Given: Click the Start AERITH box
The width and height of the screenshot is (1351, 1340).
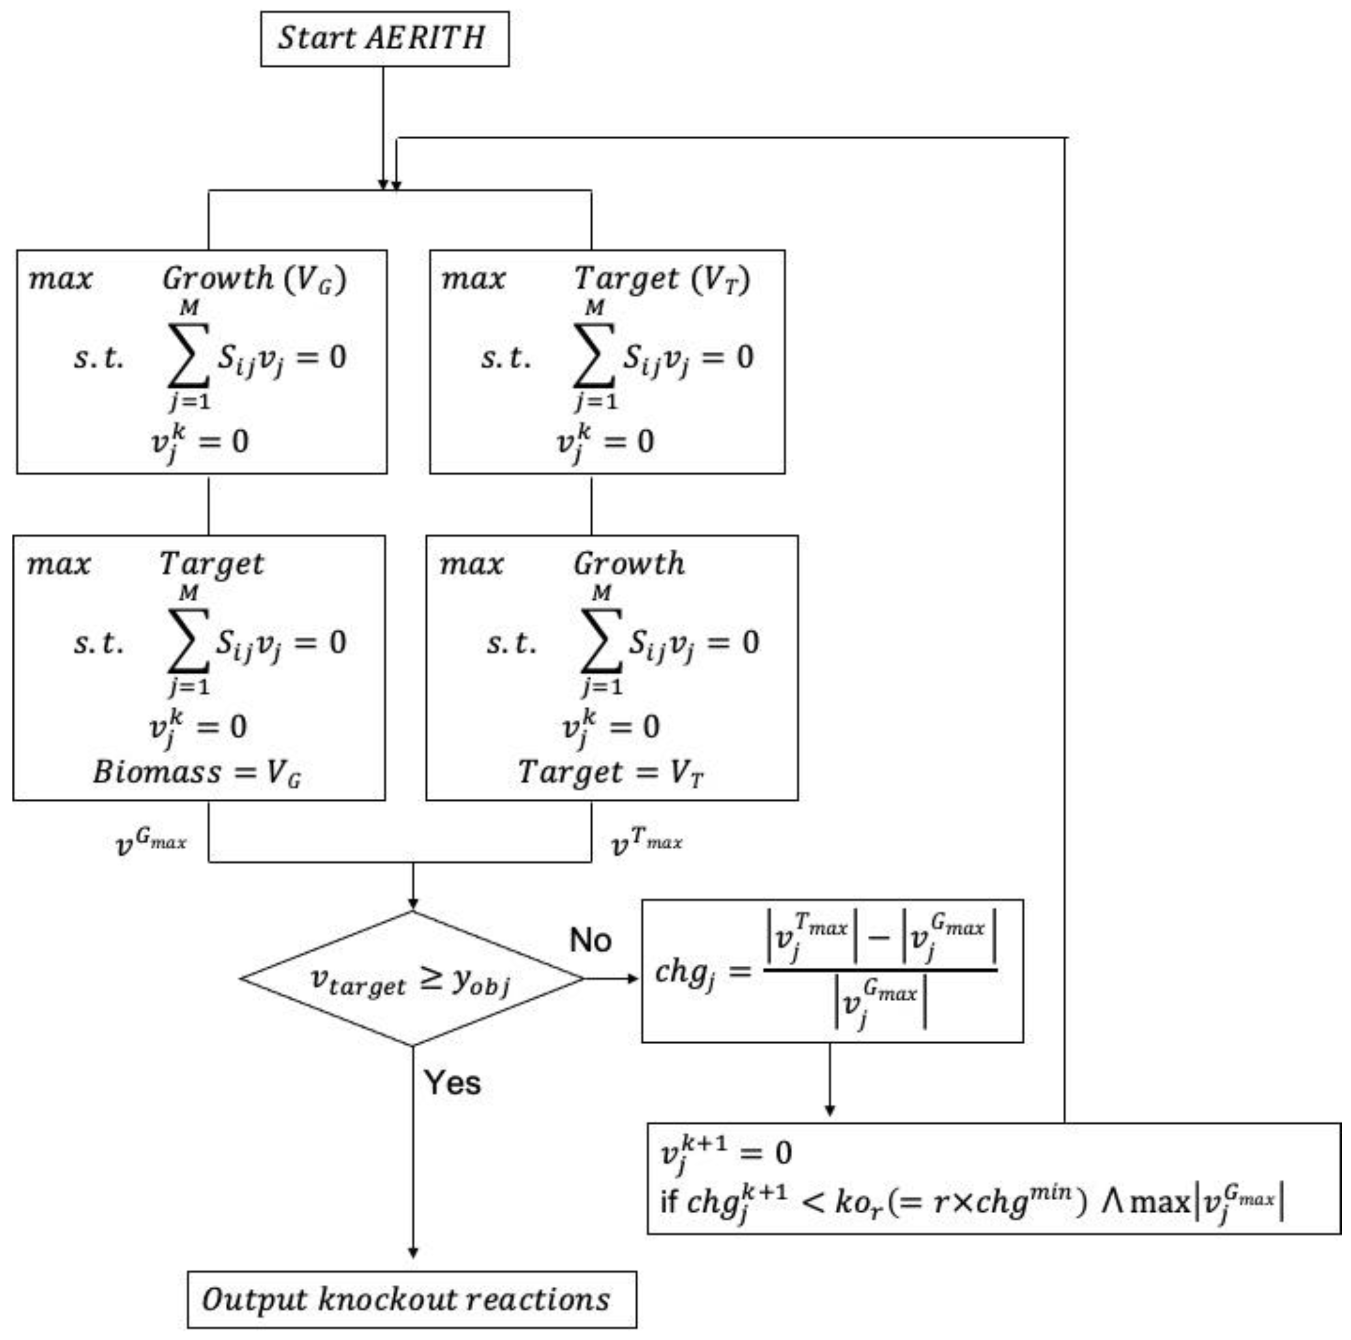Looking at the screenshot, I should pos(384,38).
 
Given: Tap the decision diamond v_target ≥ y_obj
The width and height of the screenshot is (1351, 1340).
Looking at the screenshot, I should pos(412,979).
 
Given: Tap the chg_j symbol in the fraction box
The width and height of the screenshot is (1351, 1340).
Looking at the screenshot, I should pos(685,972).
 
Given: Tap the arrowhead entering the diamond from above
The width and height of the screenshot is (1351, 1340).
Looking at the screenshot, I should pos(412,904).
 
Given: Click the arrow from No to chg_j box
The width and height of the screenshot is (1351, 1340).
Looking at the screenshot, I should pos(612,978).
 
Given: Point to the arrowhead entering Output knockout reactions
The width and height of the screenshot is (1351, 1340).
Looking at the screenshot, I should pos(412,1252).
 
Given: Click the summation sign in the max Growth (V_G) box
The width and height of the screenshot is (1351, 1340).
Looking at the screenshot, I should pos(189,355).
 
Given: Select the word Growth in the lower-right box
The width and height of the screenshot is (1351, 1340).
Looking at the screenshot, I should pos(629,564).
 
